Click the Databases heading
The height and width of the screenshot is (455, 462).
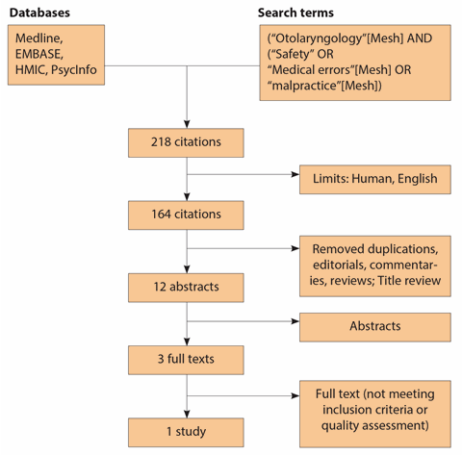(39, 13)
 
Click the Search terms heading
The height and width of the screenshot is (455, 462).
(295, 13)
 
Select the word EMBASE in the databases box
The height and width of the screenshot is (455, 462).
(39, 54)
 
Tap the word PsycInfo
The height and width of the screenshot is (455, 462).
(74, 69)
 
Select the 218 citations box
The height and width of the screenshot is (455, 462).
(186, 143)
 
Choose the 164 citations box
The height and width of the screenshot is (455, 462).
(186, 215)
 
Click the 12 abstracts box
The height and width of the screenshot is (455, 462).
(186, 288)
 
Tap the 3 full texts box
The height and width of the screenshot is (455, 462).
(186, 360)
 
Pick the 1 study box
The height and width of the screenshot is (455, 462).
(186, 432)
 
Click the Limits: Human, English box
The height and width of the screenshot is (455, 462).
(375, 180)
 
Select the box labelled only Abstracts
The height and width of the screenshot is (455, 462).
(375, 327)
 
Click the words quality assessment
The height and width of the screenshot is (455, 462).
(373, 425)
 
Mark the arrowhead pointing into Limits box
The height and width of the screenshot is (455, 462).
(295, 174)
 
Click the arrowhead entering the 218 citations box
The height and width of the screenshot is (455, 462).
(187, 124)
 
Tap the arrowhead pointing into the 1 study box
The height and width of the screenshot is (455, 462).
(187, 414)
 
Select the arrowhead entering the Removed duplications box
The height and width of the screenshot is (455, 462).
(295, 248)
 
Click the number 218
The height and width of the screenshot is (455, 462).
(161, 142)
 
